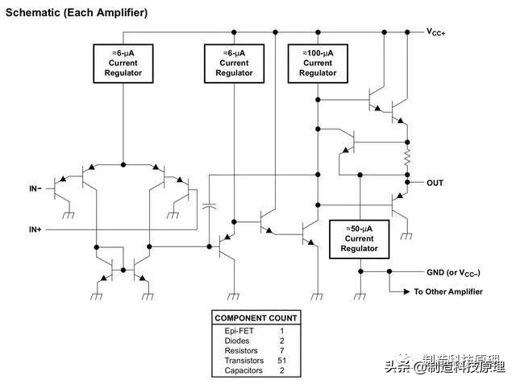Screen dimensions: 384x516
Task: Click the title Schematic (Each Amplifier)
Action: tap(77, 14)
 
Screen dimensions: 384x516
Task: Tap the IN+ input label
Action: tap(35, 229)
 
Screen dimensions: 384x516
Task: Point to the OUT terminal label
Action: tap(435, 183)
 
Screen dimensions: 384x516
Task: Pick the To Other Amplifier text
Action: tap(448, 291)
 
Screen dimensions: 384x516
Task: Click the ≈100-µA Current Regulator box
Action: tap(318, 63)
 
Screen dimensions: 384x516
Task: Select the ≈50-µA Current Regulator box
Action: tap(360, 238)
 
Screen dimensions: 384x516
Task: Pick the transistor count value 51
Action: tap(282, 361)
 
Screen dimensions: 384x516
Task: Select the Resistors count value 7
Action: tap(282, 351)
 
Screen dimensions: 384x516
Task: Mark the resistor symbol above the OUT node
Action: tap(408, 155)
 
